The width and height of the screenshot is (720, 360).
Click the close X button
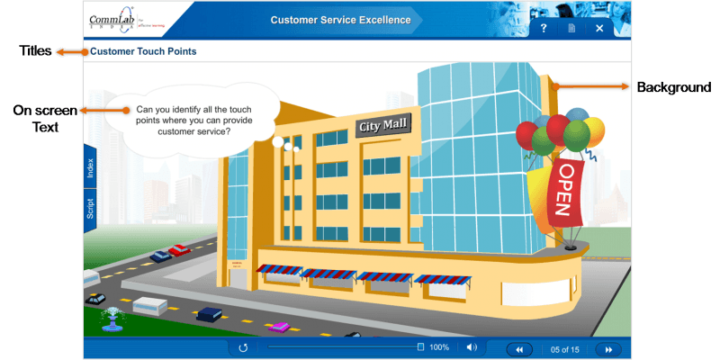click(600, 29)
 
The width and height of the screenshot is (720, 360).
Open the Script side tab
click(90, 209)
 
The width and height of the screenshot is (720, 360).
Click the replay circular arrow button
click(243, 348)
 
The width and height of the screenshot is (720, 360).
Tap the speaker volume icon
click(471, 348)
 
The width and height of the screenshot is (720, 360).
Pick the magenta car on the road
click(280, 326)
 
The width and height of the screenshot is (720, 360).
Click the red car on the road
click(180, 249)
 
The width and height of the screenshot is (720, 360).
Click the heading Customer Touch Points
click(143, 52)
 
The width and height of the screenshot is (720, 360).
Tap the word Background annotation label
click(674, 87)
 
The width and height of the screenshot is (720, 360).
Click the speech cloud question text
click(194, 119)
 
